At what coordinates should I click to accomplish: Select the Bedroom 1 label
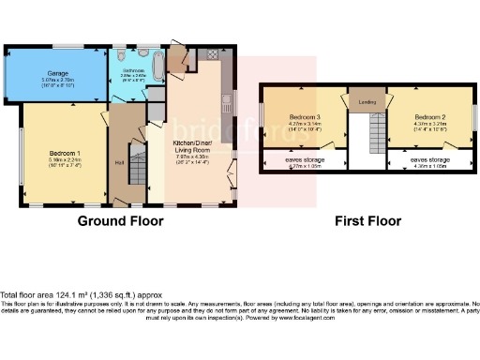pyautogui.click(x=65, y=151)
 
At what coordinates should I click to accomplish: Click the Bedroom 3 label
pyautogui.click(x=297, y=114)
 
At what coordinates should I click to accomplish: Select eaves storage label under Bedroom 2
pyautogui.click(x=429, y=159)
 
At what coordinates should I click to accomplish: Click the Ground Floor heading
pyautogui.click(x=121, y=221)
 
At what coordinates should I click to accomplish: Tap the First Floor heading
pyautogui.click(x=367, y=221)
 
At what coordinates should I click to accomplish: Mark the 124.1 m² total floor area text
pyautogui.click(x=67, y=296)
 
